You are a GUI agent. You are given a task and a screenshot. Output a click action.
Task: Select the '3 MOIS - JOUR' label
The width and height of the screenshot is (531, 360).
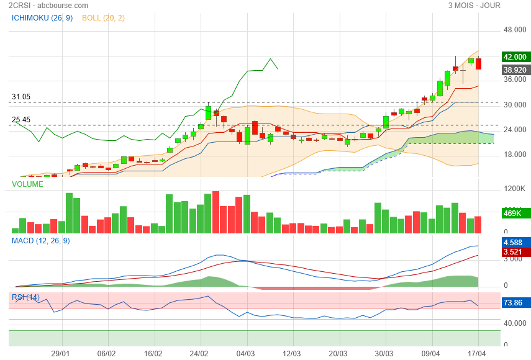474,6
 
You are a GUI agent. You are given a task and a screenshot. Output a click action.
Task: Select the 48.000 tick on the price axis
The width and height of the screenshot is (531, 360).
515,30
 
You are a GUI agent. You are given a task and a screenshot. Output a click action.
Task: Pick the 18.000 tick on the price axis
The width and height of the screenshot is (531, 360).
515,155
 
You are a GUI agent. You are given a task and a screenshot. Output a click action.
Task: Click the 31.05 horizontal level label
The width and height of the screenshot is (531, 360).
21,97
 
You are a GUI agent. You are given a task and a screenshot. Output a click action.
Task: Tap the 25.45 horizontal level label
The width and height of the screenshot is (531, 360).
21,120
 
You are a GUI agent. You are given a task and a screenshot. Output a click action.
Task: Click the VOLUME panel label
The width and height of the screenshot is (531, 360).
27,184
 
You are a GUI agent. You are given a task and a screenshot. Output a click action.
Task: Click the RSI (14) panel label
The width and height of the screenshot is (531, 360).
26,297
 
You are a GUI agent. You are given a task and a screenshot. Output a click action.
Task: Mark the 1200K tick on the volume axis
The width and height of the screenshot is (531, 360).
515,189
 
